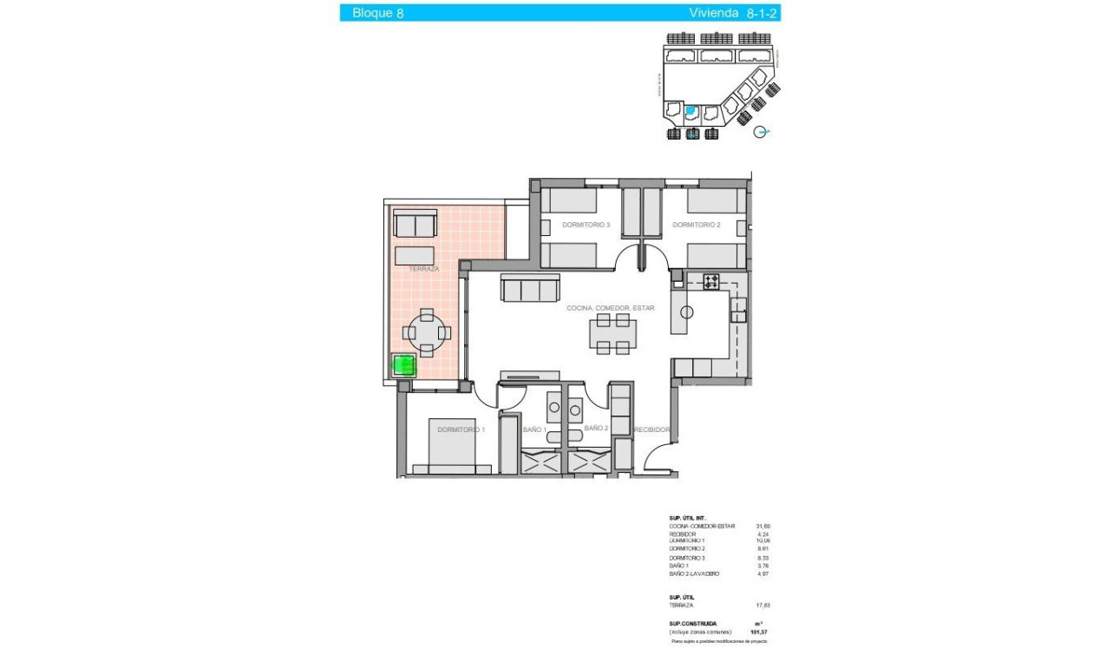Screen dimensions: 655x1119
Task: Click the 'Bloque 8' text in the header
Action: [377, 13]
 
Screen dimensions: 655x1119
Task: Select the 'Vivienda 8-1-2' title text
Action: [732, 13]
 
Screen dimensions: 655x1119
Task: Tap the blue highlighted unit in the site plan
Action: [690, 111]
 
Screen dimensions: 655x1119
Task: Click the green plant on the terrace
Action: [403, 365]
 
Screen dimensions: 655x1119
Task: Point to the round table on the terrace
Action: [426, 331]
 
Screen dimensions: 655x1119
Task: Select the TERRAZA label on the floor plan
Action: [424, 269]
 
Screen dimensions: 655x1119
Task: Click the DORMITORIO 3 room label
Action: [586, 225]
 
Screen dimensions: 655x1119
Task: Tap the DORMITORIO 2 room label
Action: [696, 225]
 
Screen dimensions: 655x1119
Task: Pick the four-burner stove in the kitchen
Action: [711, 281]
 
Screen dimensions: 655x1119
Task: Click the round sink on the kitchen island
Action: [686, 312]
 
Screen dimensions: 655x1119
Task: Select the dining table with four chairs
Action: [612, 334]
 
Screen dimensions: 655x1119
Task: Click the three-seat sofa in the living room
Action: [530, 288]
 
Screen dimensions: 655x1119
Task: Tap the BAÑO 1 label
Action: [534, 429]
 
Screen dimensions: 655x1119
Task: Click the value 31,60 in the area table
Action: [763, 526]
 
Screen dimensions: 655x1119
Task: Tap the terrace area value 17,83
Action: [763, 606]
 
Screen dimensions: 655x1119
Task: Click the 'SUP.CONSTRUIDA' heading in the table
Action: [692, 623]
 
